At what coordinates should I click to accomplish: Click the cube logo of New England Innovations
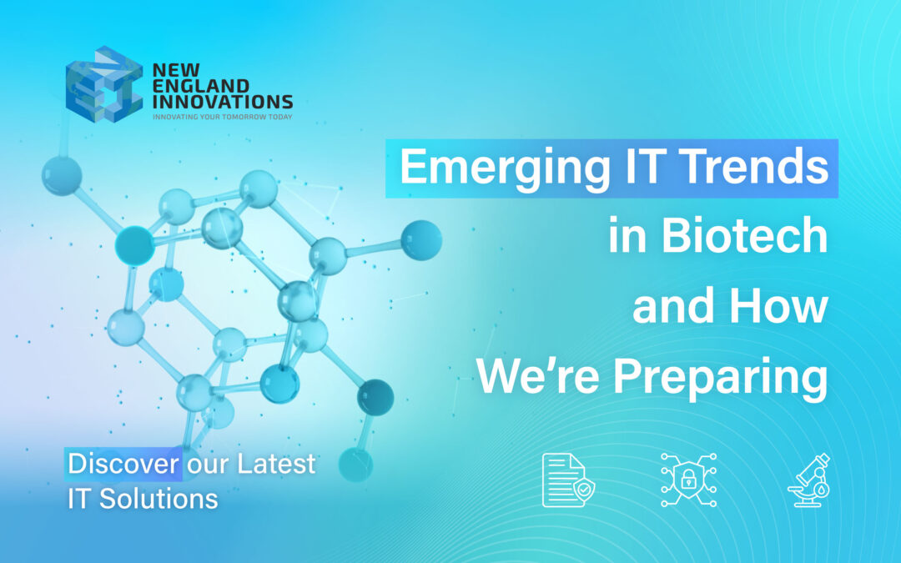tap(103, 84)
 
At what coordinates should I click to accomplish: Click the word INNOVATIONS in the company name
tap(222, 102)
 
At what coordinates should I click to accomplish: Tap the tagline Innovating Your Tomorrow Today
tap(222, 118)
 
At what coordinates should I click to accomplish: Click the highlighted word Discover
tap(123, 463)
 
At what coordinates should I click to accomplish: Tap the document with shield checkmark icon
tap(564, 480)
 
